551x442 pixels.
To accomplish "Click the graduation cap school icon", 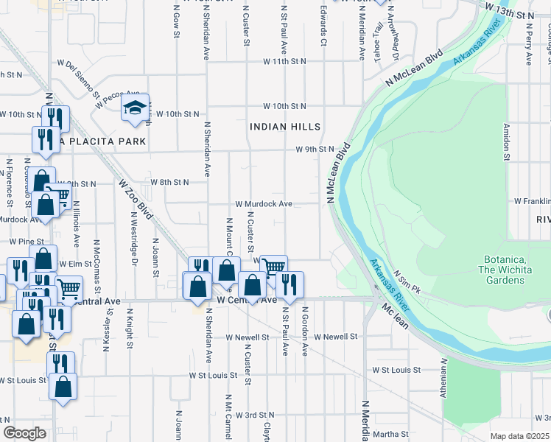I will tap(136, 108).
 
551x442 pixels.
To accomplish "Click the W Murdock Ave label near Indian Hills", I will tap(264, 203).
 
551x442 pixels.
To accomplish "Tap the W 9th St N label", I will tap(315, 150).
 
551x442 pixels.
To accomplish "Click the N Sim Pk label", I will tap(406, 279).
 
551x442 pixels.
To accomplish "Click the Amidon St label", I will tap(506, 141).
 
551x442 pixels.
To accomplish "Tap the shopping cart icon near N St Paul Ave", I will tap(274, 266).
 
